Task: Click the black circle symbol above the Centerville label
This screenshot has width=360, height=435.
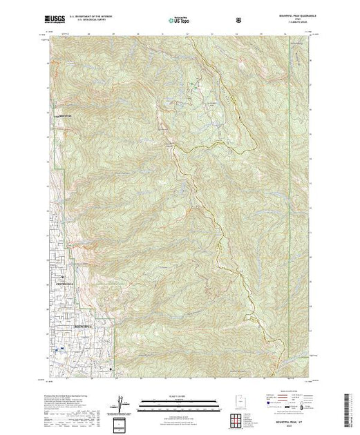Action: (x=59, y=278)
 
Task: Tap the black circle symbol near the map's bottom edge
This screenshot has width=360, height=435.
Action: (x=111, y=372)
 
